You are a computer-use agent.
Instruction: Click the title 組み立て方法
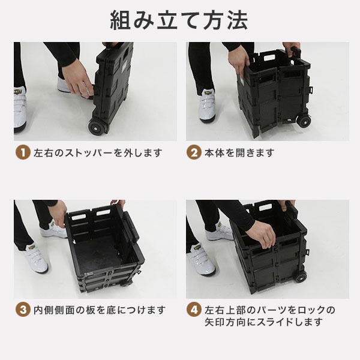pyautogui.click(x=179, y=20)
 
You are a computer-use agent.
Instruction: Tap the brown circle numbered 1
pyautogui.click(x=23, y=152)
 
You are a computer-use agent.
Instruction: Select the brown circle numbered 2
pyautogui.click(x=194, y=152)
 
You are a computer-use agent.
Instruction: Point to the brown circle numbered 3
pyautogui.click(x=23, y=310)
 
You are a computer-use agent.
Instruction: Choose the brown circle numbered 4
pyautogui.click(x=194, y=310)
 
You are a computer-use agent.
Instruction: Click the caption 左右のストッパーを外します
pyautogui.click(x=98, y=152)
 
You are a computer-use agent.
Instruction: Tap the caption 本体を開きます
pyautogui.click(x=239, y=152)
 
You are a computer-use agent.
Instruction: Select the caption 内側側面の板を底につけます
pyautogui.click(x=100, y=310)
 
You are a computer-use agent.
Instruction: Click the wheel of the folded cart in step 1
pyautogui.click(x=96, y=127)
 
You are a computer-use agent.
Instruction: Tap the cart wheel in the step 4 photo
pyautogui.click(x=301, y=278)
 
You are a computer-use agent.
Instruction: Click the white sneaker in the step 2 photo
pyautogui.click(x=207, y=107)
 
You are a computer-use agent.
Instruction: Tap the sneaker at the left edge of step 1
pyautogui.click(x=20, y=110)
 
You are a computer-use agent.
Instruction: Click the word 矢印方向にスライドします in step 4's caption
pyautogui.click(x=264, y=322)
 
